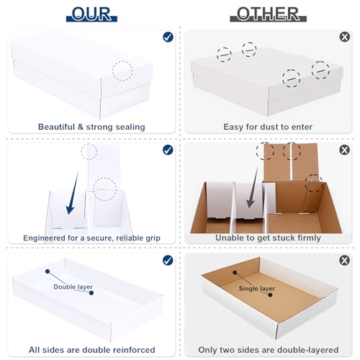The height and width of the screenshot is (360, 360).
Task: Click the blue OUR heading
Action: (91, 14)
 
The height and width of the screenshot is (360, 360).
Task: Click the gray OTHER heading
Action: (268, 14)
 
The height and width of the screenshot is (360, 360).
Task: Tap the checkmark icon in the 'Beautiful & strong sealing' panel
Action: (168, 37)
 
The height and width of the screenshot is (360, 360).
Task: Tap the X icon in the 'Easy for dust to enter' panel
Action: (345, 37)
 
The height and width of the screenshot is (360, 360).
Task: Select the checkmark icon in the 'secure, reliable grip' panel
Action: (168, 150)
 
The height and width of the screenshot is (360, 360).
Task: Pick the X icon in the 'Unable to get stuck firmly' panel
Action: (344, 150)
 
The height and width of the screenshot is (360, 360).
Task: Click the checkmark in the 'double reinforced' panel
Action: (168, 261)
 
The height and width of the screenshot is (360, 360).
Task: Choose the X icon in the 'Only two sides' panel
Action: (344, 261)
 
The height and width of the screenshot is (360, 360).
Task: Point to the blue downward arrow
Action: (73, 193)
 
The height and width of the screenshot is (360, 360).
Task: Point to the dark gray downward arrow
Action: (253, 187)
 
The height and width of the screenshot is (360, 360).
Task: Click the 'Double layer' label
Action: (73, 287)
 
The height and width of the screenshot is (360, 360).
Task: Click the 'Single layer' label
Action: (257, 289)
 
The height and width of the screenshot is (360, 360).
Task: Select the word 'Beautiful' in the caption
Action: (57, 127)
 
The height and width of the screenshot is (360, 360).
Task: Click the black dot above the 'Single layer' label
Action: (235, 273)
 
